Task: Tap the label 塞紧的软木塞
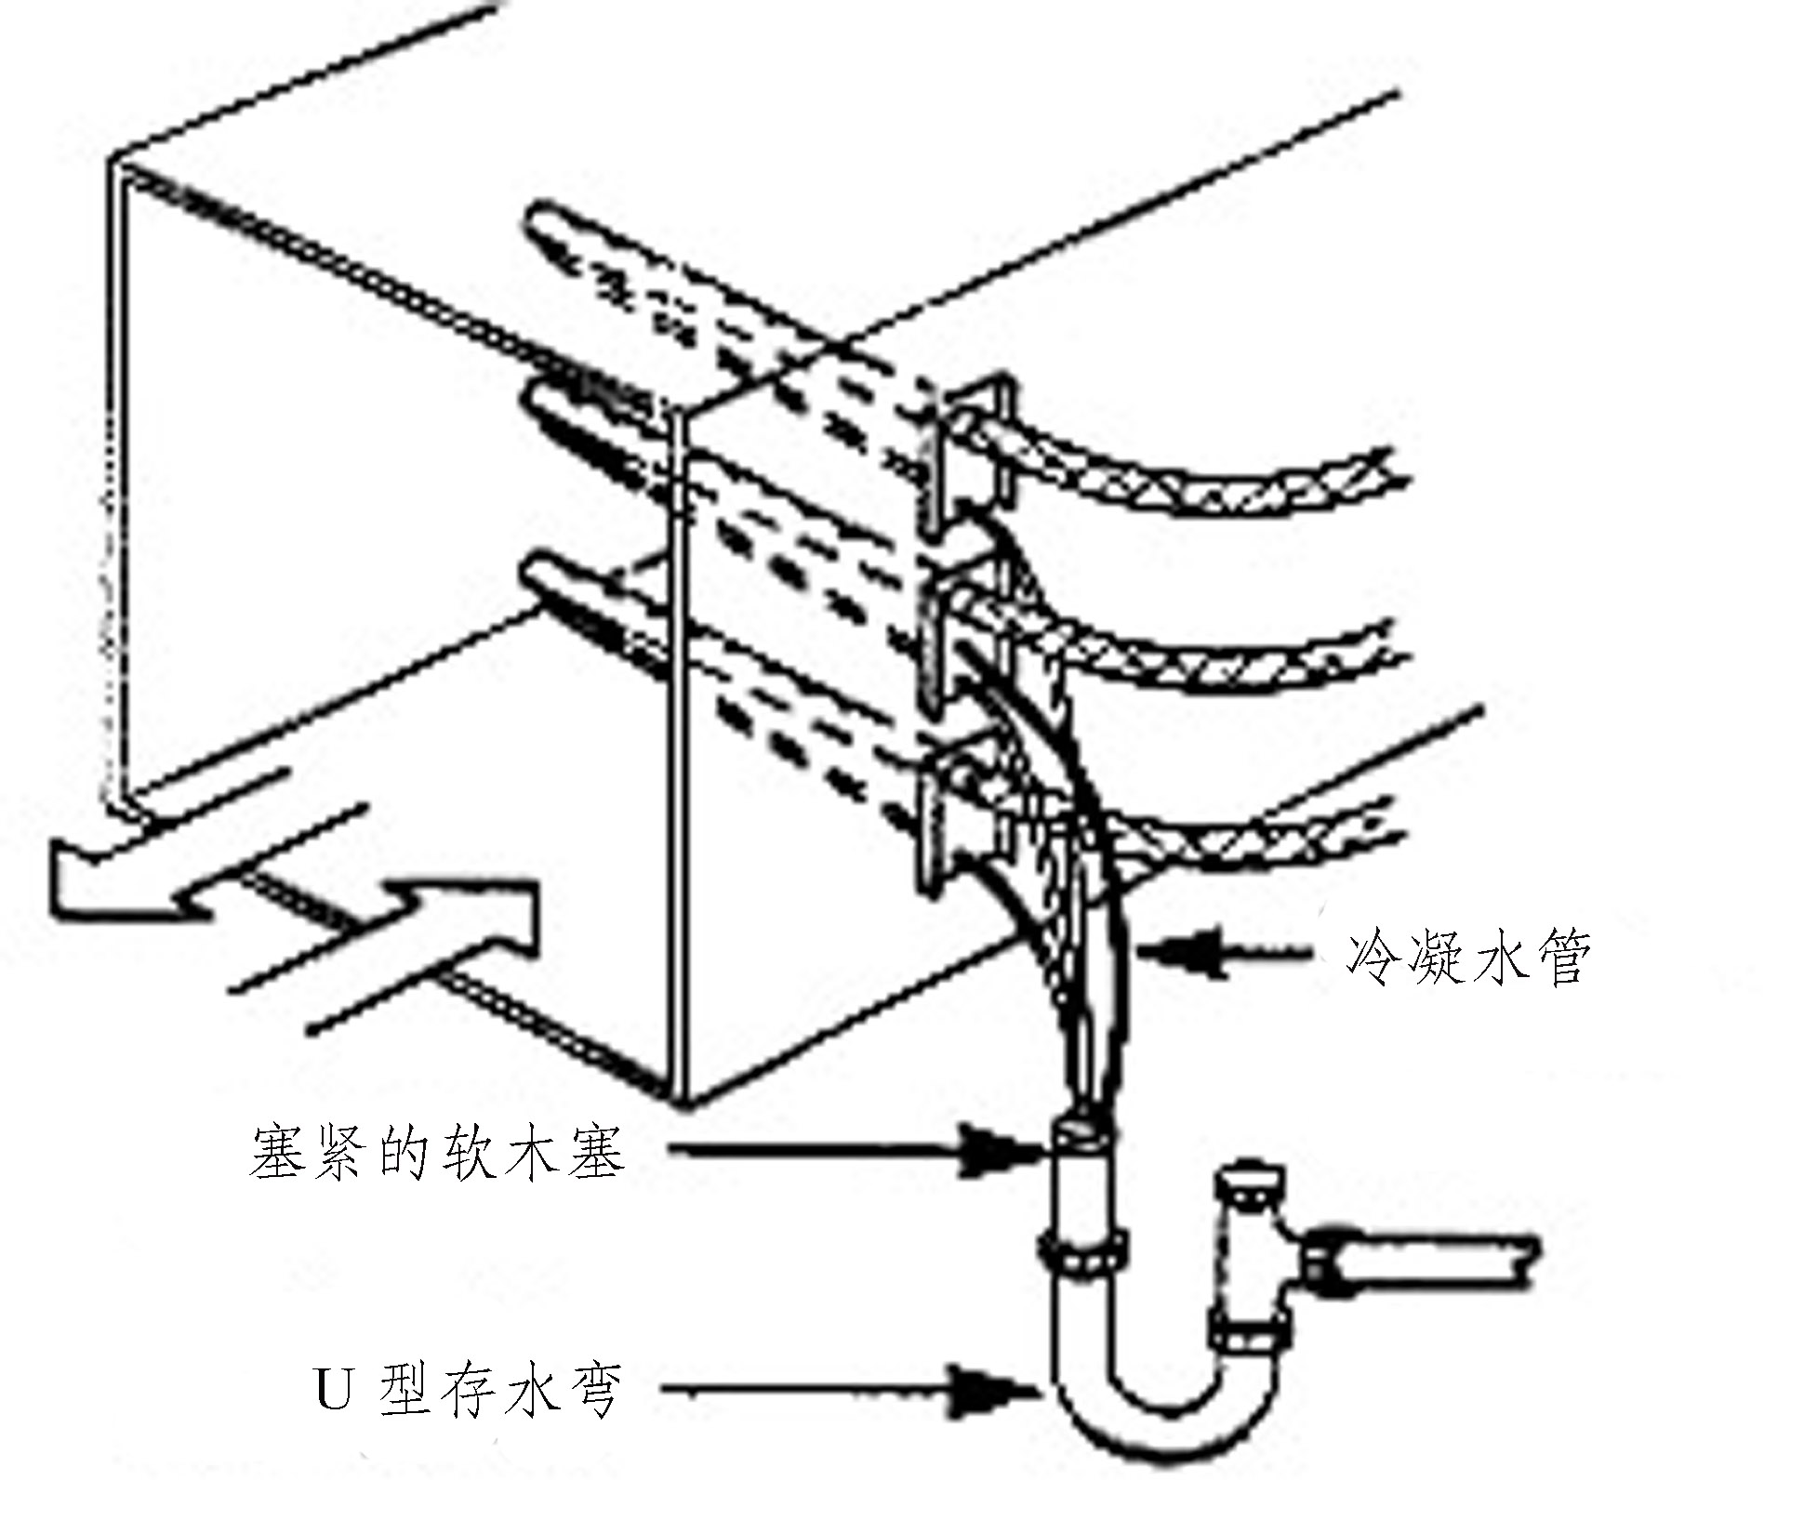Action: tap(437, 1154)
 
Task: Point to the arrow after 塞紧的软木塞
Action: tap(856, 1153)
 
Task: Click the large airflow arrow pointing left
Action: tap(130, 879)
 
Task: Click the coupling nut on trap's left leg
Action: tap(1084, 1260)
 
